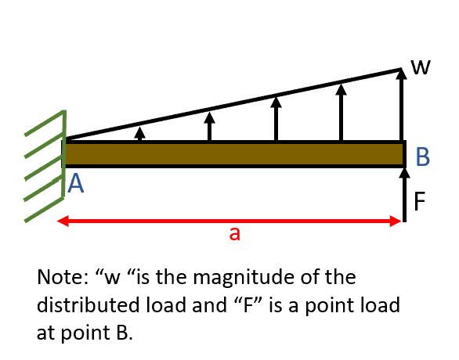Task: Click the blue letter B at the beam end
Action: [x=422, y=157]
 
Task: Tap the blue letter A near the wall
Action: [x=76, y=184]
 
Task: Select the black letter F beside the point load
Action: [x=420, y=202]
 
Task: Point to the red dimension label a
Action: [x=233, y=234]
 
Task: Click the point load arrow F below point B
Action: [x=404, y=192]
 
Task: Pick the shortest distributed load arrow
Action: [x=139, y=134]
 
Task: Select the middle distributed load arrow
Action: [x=276, y=117]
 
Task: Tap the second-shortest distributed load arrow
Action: [x=209, y=126]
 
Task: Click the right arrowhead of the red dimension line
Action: [x=398, y=221]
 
